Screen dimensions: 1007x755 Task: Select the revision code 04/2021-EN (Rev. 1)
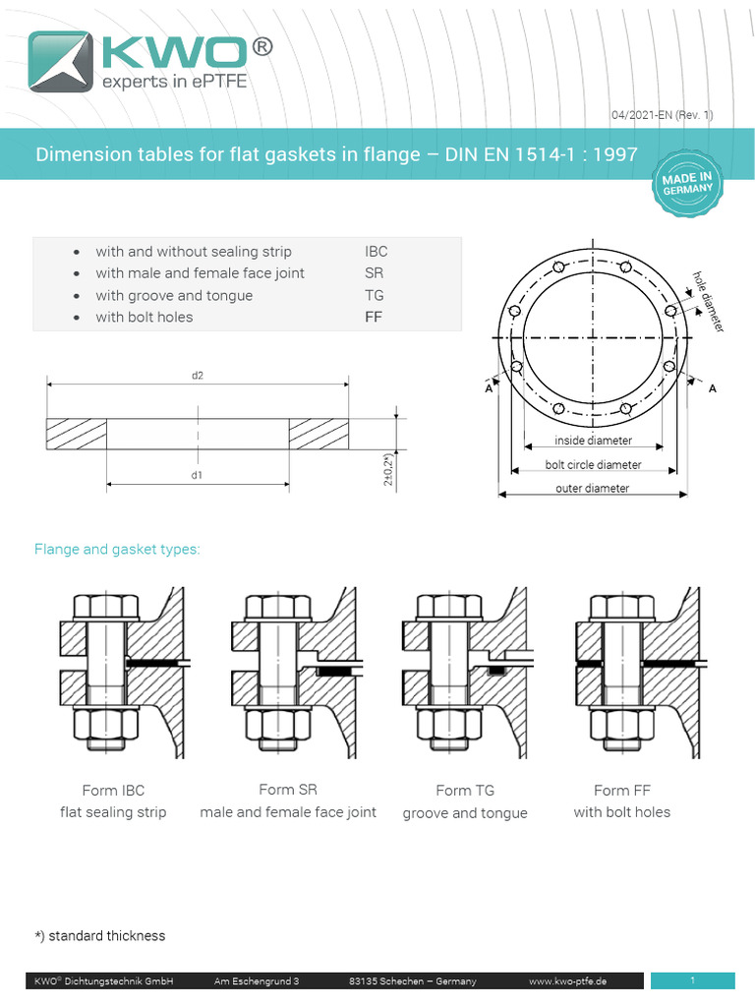point(662,115)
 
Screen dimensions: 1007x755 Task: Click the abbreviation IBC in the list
point(376,252)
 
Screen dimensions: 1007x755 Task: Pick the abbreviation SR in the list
point(374,273)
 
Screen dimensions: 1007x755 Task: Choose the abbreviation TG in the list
point(374,295)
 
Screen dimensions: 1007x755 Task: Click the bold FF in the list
point(374,317)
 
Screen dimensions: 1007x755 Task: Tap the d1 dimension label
point(198,476)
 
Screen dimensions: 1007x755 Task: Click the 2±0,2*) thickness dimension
point(389,470)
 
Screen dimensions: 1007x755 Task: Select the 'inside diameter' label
point(593,441)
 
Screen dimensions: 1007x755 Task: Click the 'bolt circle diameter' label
point(593,465)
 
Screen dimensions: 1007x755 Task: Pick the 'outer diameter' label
point(592,489)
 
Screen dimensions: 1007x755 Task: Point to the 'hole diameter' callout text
point(709,300)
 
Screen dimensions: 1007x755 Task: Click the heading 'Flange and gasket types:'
point(117,549)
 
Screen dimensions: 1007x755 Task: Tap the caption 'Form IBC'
point(113,791)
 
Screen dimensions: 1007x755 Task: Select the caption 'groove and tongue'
point(465,813)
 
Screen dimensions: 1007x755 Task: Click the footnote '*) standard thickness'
point(100,935)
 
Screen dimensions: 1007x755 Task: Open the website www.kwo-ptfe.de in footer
point(567,981)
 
